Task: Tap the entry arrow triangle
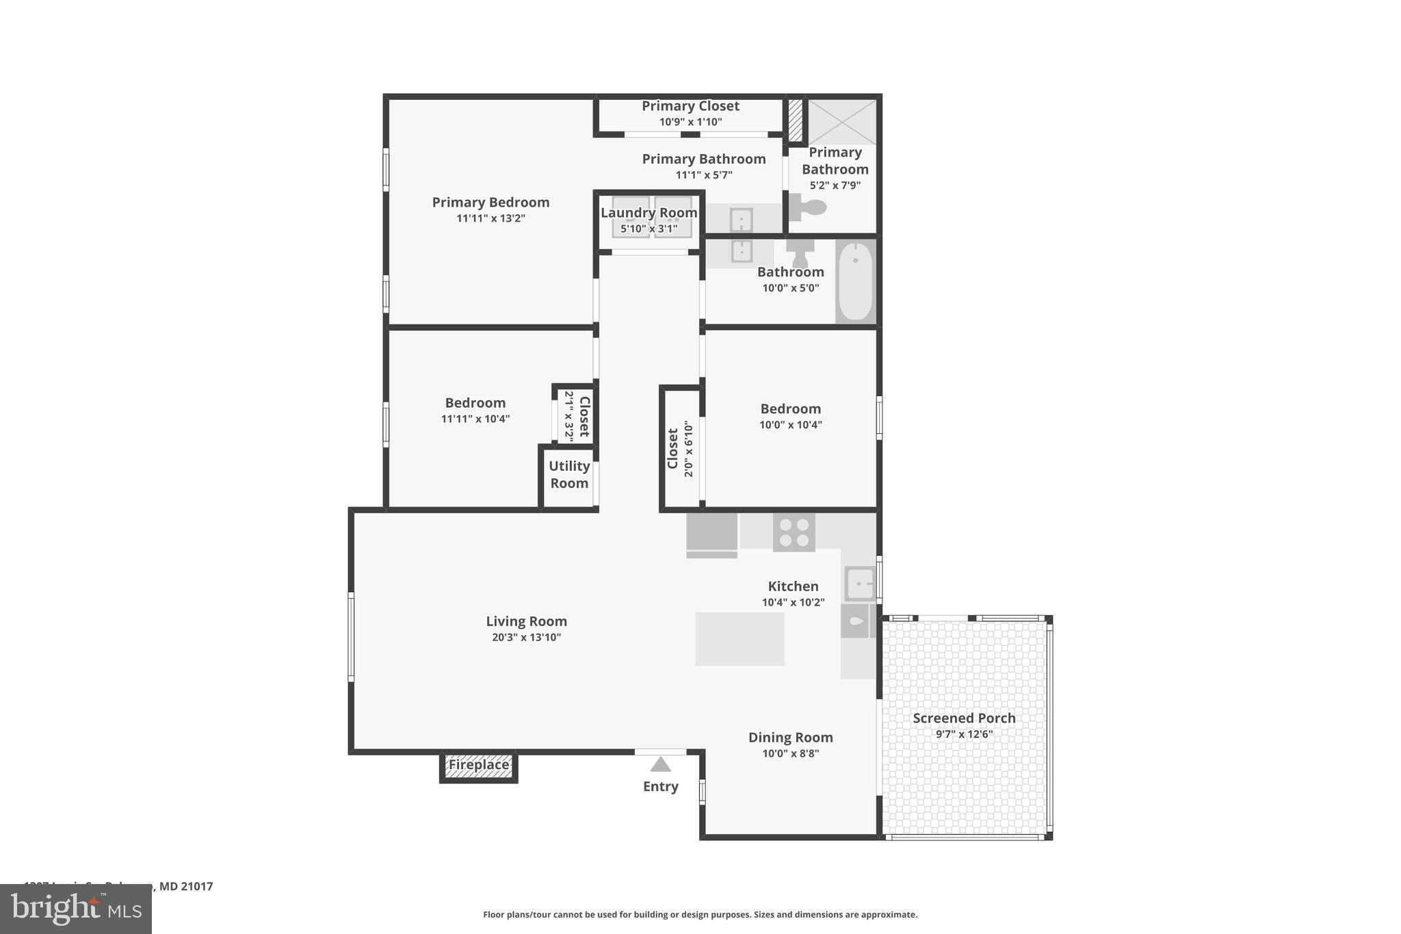tap(660, 764)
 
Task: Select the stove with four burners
tap(794, 532)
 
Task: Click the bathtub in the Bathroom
tap(855, 281)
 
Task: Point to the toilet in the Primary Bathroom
tap(809, 207)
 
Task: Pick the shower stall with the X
tap(842, 122)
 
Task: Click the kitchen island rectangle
tap(739, 638)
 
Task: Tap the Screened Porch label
tap(963, 718)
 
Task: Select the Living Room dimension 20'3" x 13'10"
tap(526, 637)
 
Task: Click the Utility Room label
tap(568, 474)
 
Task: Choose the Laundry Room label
tap(649, 213)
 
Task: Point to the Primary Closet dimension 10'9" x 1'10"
tap(690, 122)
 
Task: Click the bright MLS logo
tap(76, 909)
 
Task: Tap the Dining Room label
tap(790, 738)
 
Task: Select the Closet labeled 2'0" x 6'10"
tap(680, 449)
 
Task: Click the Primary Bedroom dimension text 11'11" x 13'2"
tap(490, 218)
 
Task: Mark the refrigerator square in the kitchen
tap(711, 533)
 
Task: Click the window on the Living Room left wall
tap(351, 636)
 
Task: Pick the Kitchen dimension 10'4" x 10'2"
tap(793, 602)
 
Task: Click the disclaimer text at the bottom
tap(700, 914)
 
